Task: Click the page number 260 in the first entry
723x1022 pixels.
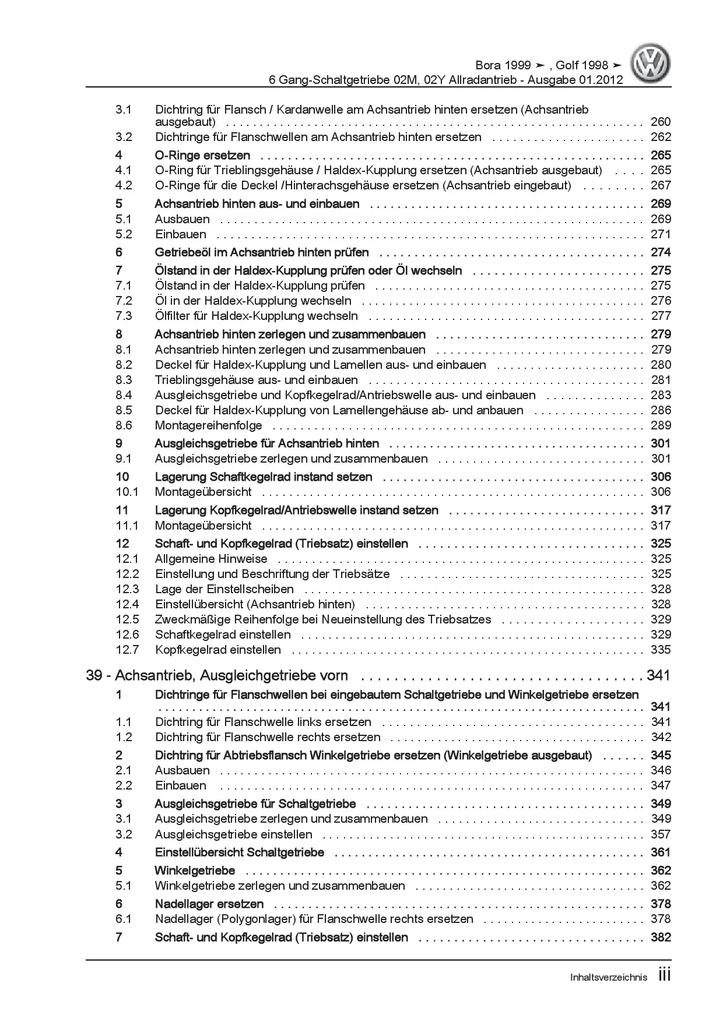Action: click(661, 122)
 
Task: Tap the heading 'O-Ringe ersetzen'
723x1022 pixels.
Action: click(202, 156)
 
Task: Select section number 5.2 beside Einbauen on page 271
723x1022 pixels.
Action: click(124, 234)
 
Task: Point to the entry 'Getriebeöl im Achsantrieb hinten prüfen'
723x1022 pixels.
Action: click(262, 252)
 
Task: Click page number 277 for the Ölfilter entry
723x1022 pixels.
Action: click(661, 316)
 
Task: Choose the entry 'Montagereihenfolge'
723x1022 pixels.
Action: click(209, 425)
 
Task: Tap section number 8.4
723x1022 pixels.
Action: click(124, 395)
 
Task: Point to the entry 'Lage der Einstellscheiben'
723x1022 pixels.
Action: click(224, 589)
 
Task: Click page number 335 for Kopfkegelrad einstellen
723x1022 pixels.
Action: click(661, 650)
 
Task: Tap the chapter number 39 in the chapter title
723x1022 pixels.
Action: click(94, 675)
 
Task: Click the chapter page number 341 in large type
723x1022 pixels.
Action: click(658, 675)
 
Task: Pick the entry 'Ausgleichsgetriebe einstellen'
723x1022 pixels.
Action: click(234, 834)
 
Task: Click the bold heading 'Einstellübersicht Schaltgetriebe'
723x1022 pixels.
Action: click(240, 852)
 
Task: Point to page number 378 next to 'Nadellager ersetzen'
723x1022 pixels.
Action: click(661, 904)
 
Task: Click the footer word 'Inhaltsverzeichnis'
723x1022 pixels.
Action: click(608, 977)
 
